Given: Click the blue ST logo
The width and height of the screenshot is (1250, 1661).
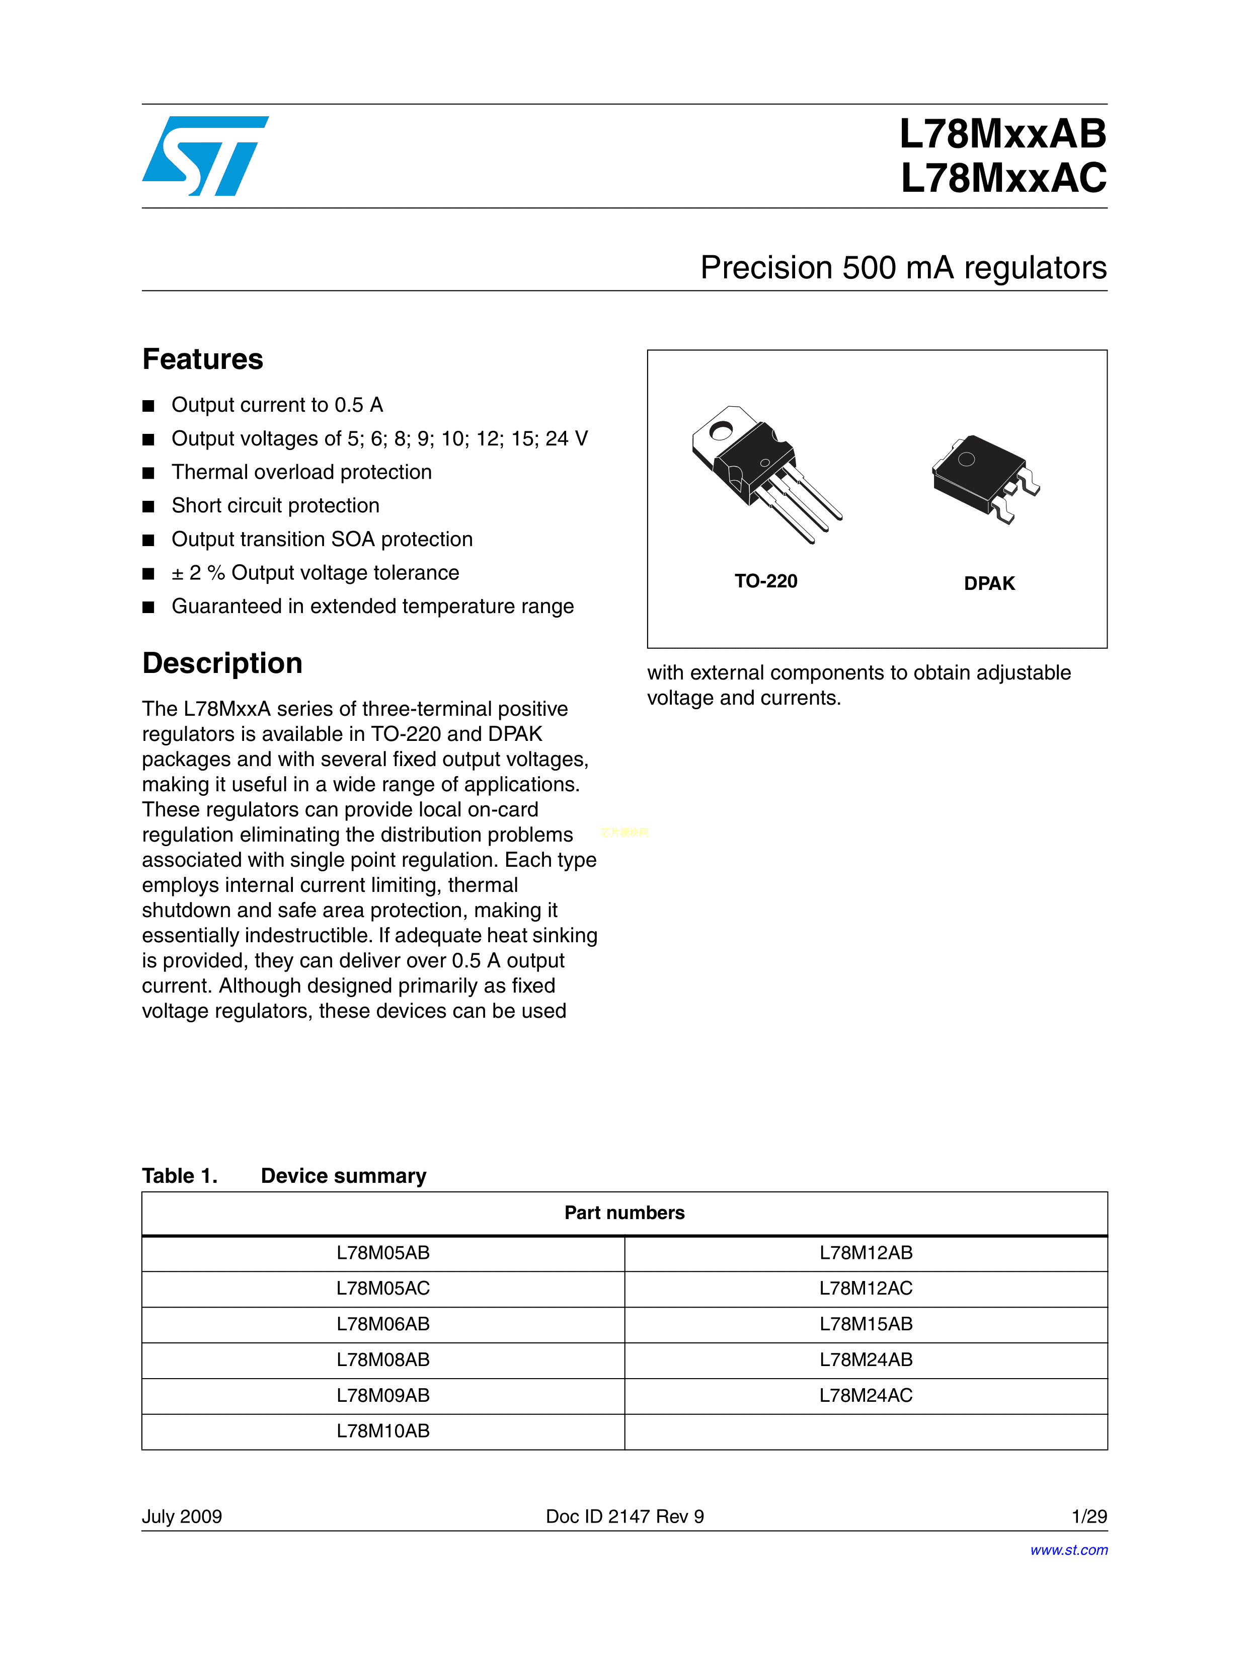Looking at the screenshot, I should tap(205, 156).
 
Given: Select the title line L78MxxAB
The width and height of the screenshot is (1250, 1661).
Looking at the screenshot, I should tap(1002, 134).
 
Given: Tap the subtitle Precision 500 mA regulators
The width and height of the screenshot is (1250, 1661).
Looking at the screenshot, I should tap(903, 268).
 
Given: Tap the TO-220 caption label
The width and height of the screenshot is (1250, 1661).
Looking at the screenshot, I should tap(766, 581).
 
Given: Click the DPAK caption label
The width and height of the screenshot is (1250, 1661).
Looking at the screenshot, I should tap(989, 583).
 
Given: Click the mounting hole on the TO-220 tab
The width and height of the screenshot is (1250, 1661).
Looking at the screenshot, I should tap(721, 431).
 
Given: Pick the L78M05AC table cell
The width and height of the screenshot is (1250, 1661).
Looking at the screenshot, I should tap(383, 1289).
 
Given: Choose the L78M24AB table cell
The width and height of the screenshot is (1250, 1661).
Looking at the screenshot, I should tap(866, 1360).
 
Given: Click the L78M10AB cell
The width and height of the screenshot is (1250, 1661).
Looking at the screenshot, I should tap(383, 1431).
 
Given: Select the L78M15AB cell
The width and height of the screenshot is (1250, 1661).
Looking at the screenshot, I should tap(866, 1324).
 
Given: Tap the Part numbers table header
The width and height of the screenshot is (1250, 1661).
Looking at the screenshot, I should tap(624, 1213).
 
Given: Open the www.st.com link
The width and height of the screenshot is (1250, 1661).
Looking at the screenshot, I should tap(1068, 1550).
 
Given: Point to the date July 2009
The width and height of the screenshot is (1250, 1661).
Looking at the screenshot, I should tap(182, 1516).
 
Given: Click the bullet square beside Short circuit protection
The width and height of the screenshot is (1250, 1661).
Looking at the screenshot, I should tap(148, 507).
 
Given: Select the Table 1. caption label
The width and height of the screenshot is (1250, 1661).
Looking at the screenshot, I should tap(180, 1176).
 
